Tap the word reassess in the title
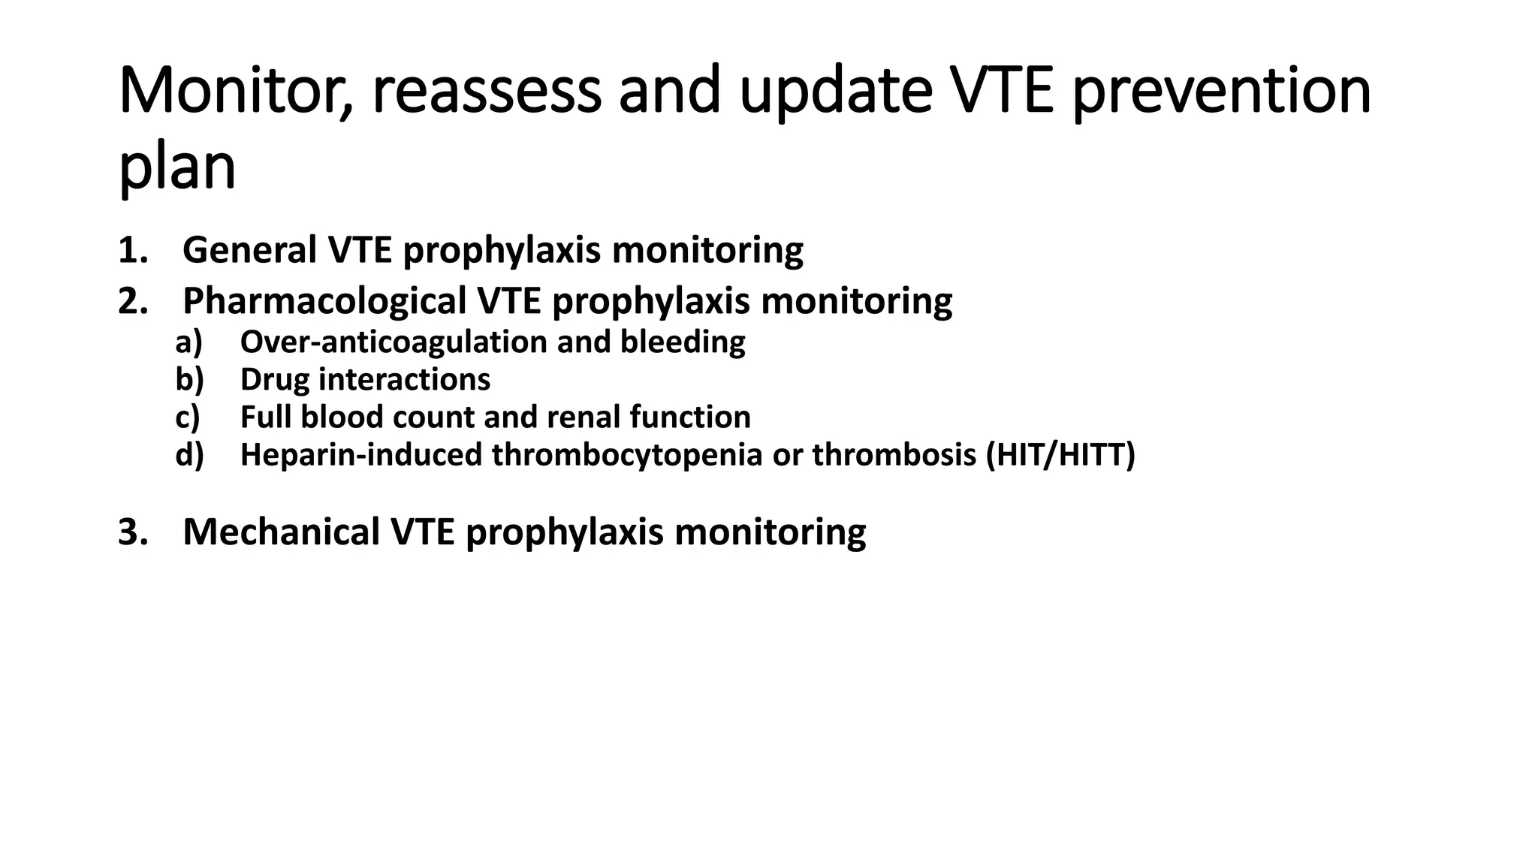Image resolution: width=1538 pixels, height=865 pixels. click(x=486, y=92)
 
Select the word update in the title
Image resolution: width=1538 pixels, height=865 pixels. click(x=835, y=92)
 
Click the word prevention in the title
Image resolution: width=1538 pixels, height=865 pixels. click(x=1222, y=92)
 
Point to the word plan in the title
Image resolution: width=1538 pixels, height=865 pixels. click(x=177, y=167)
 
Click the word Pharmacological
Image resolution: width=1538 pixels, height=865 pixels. click(x=324, y=301)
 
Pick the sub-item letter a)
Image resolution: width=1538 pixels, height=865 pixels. click(x=189, y=342)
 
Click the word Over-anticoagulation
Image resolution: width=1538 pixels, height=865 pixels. click(x=394, y=342)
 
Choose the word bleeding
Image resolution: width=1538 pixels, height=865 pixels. click(x=683, y=342)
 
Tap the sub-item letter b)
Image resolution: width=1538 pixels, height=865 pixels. click(x=189, y=380)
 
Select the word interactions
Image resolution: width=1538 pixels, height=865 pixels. click(x=404, y=380)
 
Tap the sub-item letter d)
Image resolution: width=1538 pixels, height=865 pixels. click(x=189, y=455)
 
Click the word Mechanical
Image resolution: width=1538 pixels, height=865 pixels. click(x=281, y=532)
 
